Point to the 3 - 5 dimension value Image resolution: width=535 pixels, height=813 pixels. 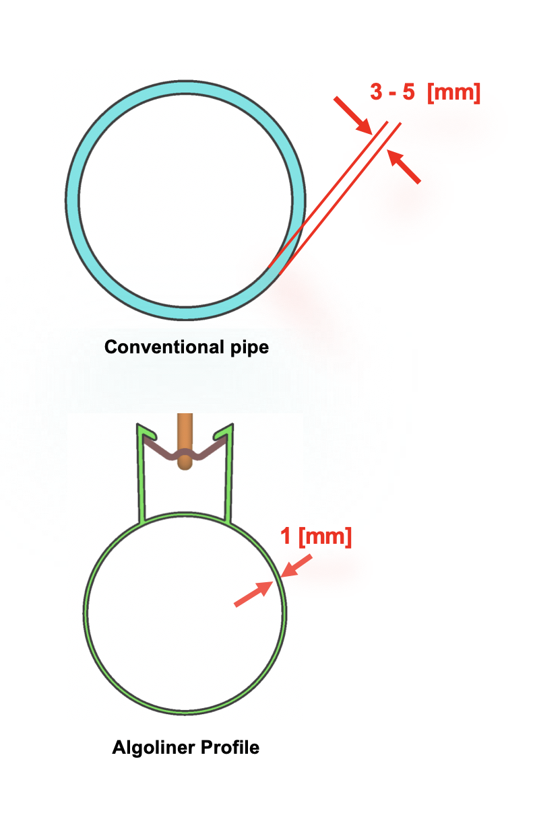392,93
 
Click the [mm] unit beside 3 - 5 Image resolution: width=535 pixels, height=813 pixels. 454,93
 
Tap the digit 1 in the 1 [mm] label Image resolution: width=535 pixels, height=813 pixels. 286,537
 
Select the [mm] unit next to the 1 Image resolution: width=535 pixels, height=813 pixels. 325,537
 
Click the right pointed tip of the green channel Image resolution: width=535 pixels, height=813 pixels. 230,427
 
